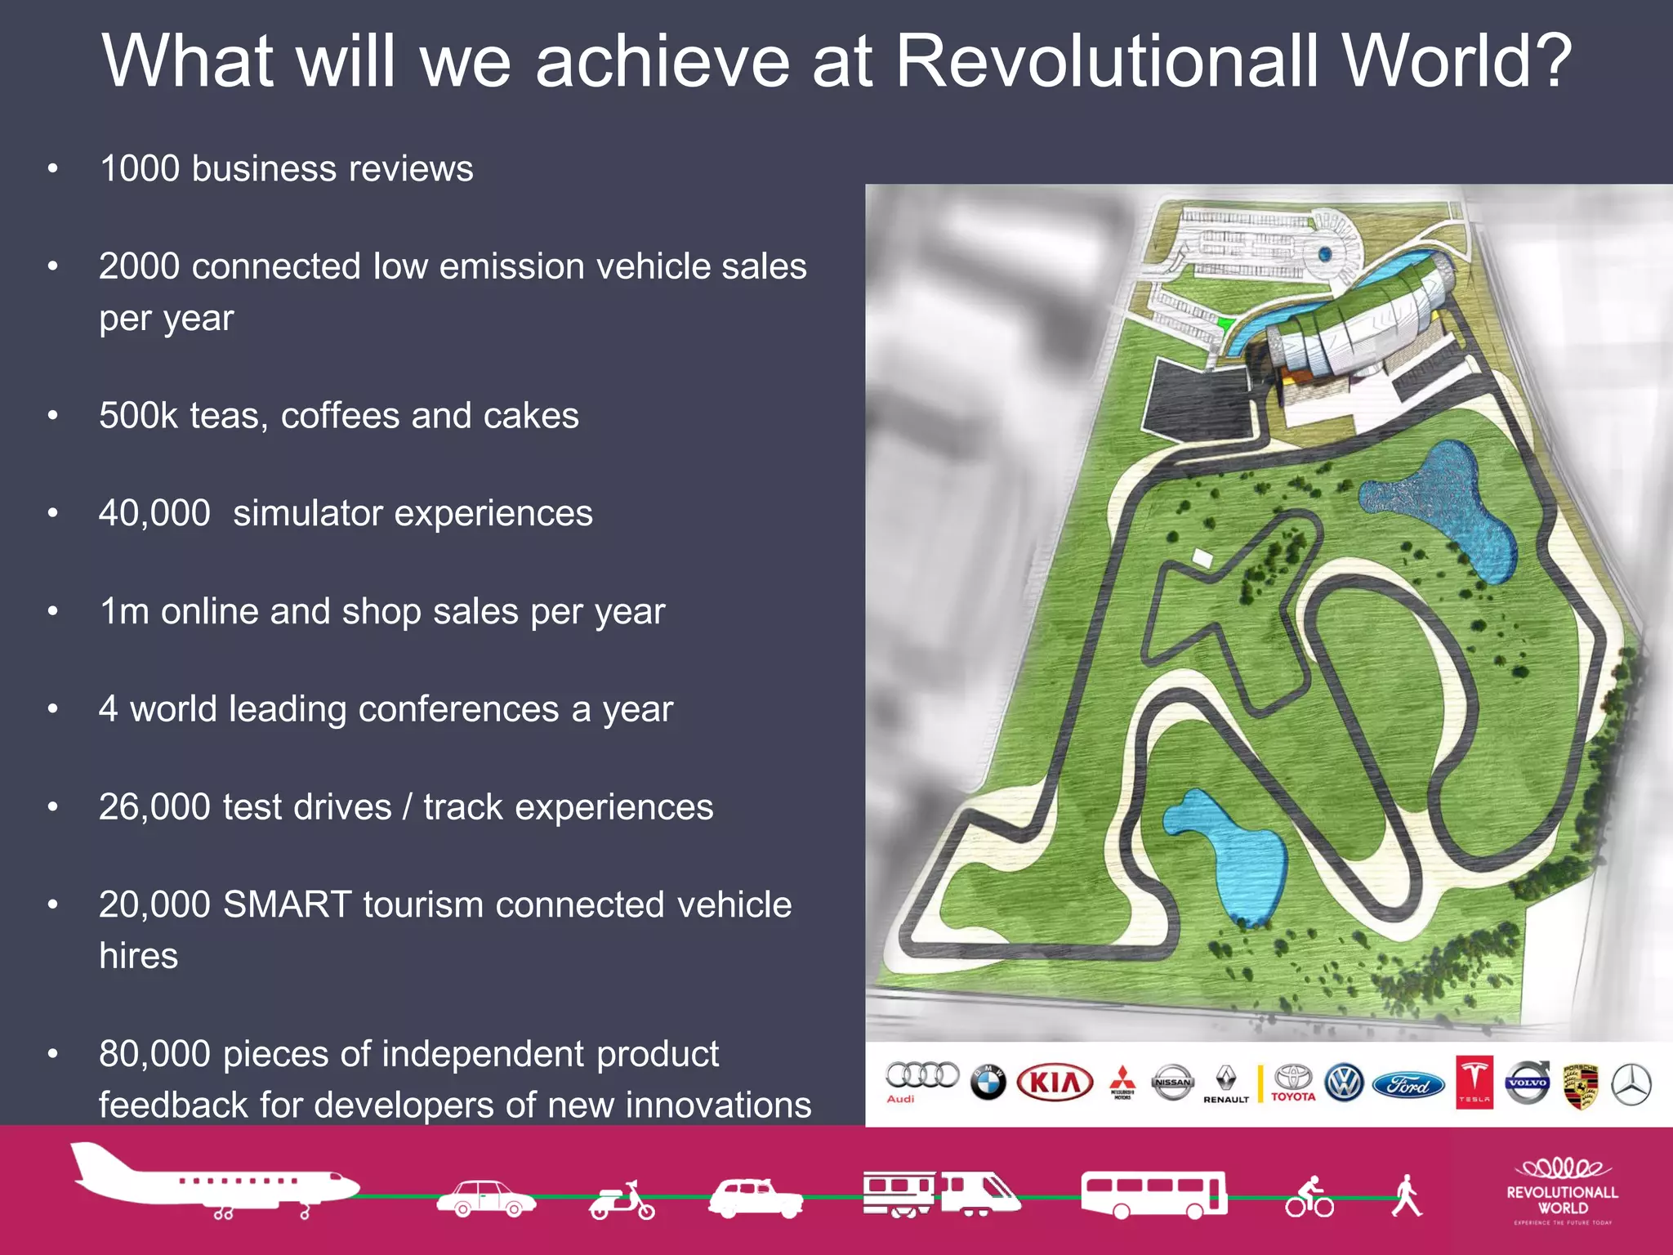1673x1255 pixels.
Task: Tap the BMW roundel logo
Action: click(x=988, y=1083)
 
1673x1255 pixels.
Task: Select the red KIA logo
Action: click(x=1055, y=1083)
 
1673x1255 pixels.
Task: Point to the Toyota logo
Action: click(x=1293, y=1083)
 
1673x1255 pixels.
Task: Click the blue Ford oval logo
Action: click(x=1408, y=1085)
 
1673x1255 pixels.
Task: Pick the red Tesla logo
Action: click(x=1474, y=1082)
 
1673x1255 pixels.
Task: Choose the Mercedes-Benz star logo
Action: click(x=1631, y=1084)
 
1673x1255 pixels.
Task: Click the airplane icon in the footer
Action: click(x=214, y=1181)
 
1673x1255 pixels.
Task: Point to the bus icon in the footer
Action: click(x=1153, y=1195)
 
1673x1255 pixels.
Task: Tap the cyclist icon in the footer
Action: click(x=1309, y=1198)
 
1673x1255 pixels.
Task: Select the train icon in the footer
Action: click(x=941, y=1194)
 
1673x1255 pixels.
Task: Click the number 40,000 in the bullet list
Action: click(x=154, y=513)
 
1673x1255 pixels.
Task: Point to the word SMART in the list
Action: click(x=287, y=904)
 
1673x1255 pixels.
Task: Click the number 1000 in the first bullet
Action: click(x=140, y=168)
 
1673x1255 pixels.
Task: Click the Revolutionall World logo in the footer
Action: click(x=1562, y=1192)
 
